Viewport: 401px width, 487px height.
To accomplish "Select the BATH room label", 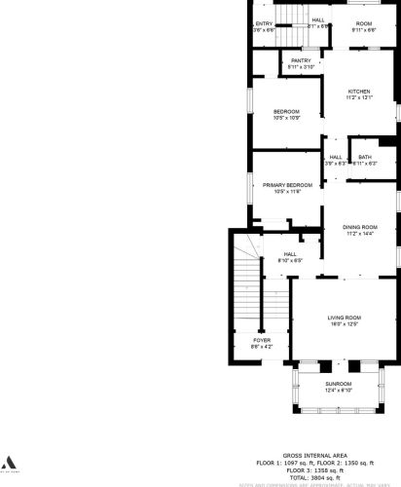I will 364,157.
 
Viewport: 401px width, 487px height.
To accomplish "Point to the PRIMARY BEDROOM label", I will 287,184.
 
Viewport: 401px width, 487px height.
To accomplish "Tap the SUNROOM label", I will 340,384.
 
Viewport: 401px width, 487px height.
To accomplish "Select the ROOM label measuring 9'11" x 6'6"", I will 363,23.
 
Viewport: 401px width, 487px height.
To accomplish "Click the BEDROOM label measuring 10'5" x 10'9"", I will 286,112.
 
